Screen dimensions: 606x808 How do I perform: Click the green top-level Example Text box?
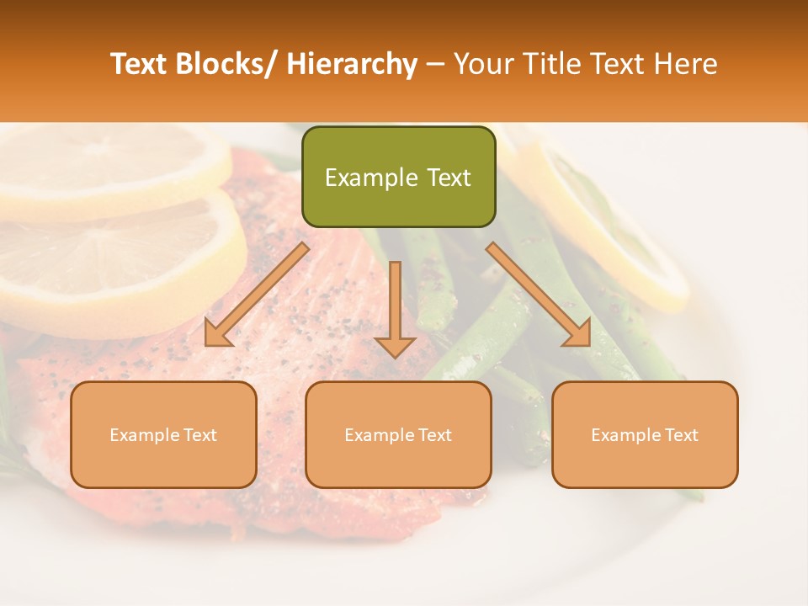(x=398, y=177)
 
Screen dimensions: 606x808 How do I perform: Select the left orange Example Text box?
(x=163, y=434)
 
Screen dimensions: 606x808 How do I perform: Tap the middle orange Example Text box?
(x=398, y=434)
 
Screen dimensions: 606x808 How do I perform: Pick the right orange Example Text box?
(x=645, y=434)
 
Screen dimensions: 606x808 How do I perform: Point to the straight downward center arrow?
(x=395, y=303)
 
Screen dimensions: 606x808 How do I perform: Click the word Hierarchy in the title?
(x=352, y=64)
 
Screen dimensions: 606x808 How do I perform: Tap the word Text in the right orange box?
(x=680, y=435)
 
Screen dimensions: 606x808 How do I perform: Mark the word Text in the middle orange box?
(x=433, y=435)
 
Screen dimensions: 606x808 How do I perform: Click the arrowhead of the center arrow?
(x=395, y=346)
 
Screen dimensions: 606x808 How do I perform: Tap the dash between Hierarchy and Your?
(x=435, y=64)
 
